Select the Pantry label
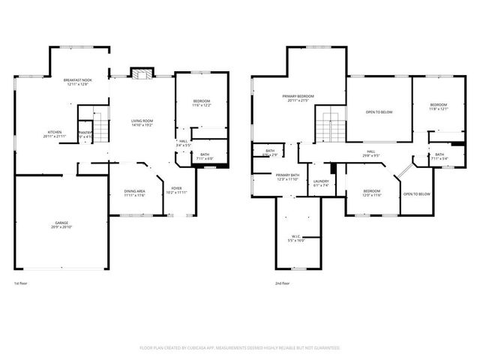(85, 134)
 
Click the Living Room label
(142, 123)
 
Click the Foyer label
(176, 190)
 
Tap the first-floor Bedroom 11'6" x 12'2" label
(201, 103)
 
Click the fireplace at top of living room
(141, 73)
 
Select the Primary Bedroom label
(298, 98)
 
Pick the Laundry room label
(322, 183)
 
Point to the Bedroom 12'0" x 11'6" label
(372, 193)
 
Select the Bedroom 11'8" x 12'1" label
(438, 106)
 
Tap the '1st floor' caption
(22, 283)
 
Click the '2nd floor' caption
(282, 283)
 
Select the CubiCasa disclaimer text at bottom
(240, 348)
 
